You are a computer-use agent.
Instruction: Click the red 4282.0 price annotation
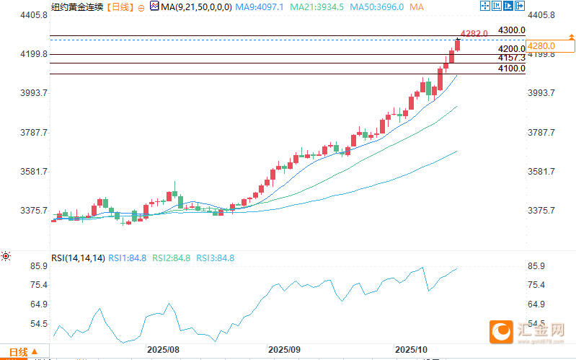point(474,33)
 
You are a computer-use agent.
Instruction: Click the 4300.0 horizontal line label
point(511,30)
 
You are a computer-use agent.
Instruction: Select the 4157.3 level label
point(511,57)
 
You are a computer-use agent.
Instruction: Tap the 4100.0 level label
point(511,69)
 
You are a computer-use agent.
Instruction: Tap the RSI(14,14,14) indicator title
point(78,258)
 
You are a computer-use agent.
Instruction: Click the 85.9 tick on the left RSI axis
point(37,266)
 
